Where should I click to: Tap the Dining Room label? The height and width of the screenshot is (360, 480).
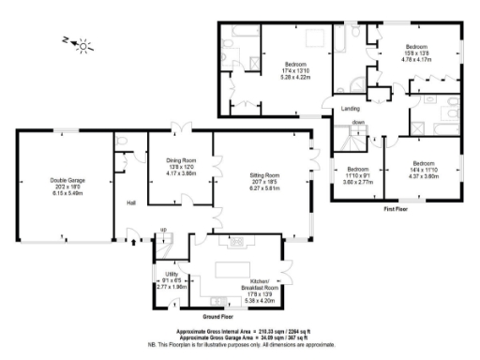[181, 160]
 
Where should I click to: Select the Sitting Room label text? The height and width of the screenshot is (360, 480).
[265, 175]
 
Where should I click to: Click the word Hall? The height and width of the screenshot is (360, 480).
[132, 203]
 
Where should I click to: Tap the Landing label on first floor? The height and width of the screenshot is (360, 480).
[325, 111]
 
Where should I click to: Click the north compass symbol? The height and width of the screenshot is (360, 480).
[83, 43]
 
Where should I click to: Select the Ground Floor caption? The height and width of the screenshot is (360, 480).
[217, 317]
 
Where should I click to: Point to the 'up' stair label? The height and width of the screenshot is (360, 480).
[163, 229]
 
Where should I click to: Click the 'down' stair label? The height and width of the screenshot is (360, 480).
[358, 123]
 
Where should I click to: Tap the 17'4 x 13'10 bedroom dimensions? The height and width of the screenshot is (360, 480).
[295, 71]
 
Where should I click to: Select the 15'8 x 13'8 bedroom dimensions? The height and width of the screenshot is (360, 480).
[416, 54]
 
